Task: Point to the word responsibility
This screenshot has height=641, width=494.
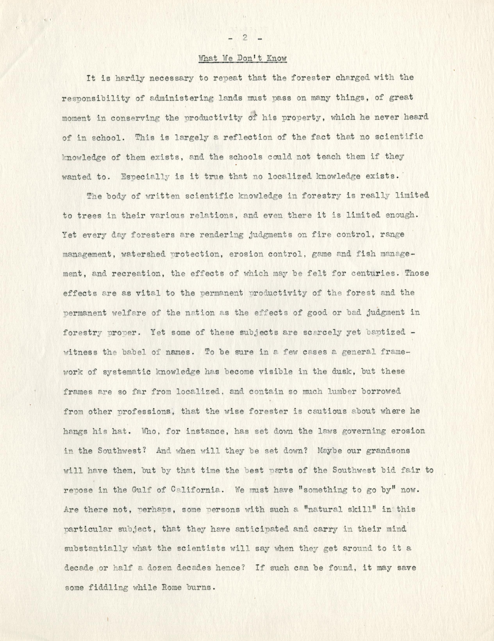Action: pos(96,98)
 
